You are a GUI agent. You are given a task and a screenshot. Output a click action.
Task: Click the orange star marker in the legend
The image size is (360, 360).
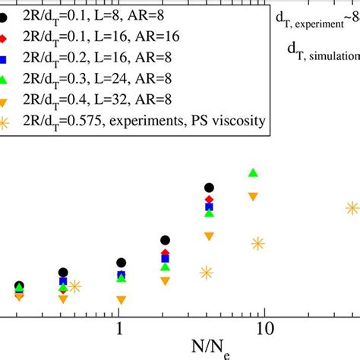5,120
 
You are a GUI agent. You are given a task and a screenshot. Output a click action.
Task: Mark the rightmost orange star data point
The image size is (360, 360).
352,207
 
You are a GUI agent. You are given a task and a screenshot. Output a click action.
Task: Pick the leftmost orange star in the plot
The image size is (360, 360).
74,286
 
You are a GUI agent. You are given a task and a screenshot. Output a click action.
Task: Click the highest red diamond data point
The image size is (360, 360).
210,200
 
